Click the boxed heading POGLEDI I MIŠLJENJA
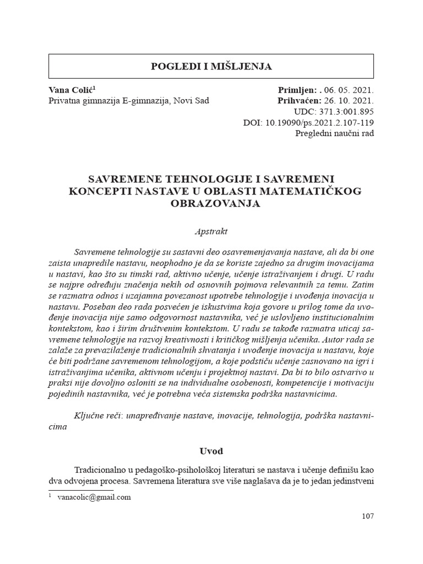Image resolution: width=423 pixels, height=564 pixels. (211, 67)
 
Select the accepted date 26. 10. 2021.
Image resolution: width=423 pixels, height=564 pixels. (349, 101)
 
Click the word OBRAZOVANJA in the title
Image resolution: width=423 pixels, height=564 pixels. (211, 203)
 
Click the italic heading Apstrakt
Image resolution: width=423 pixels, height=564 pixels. (211, 232)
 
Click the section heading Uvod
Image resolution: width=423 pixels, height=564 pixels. (211, 451)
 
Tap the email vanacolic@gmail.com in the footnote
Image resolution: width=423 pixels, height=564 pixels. (94, 497)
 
